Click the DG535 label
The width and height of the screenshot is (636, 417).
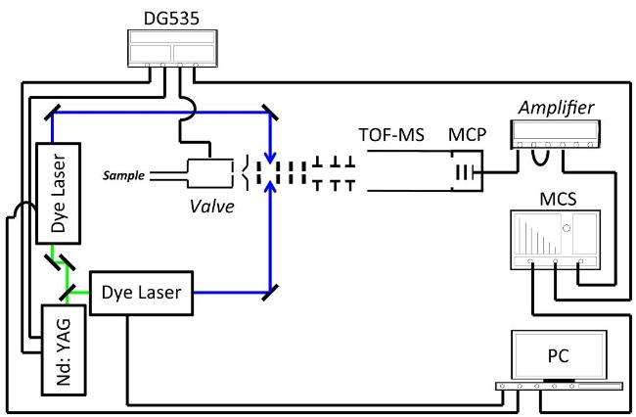coord(171,19)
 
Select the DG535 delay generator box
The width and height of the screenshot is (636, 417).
coord(173,48)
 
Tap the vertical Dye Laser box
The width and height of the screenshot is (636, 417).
coord(59,193)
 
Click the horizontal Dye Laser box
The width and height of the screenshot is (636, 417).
coord(141,293)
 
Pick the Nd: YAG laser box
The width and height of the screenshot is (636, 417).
coord(64,350)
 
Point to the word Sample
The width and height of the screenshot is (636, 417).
coord(123,175)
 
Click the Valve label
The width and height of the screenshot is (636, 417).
coord(211,207)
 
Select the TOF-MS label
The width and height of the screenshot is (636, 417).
coord(391,135)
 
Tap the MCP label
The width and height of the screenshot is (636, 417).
coord(467,135)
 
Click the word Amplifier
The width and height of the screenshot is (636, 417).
coord(556,108)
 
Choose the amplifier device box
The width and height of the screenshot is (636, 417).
coord(556,134)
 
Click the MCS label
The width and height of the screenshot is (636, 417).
coord(558,199)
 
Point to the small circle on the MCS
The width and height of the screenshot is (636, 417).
coord(567,228)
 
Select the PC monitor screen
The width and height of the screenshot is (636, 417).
coord(559,355)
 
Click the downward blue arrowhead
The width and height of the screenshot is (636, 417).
coord(270,158)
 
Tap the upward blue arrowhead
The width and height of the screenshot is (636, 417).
coord(270,187)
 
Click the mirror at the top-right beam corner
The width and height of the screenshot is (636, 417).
coord(270,112)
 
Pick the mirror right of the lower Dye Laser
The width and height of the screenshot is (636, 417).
coord(270,293)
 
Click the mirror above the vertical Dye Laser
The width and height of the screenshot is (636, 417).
coord(52,113)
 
